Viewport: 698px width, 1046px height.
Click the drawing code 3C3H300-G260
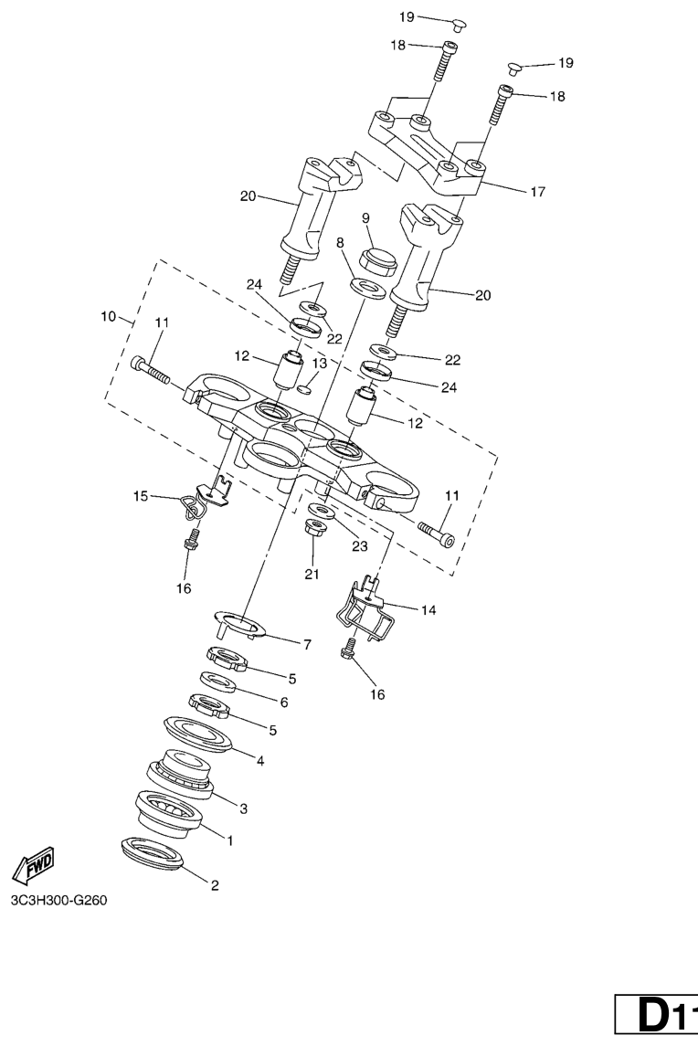(58, 900)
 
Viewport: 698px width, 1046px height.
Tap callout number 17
(538, 192)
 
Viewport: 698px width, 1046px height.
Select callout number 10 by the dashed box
(108, 316)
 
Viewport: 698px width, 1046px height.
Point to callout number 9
(365, 218)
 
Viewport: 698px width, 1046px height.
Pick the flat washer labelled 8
(367, 288)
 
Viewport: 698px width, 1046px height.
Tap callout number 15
(140, 496)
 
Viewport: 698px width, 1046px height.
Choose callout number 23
(360, 546)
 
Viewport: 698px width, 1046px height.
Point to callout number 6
(284, 703)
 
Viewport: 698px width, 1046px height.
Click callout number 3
(244, 808)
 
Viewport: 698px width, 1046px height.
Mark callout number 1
(230, 841)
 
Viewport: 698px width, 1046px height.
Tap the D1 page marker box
(657, 1018)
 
